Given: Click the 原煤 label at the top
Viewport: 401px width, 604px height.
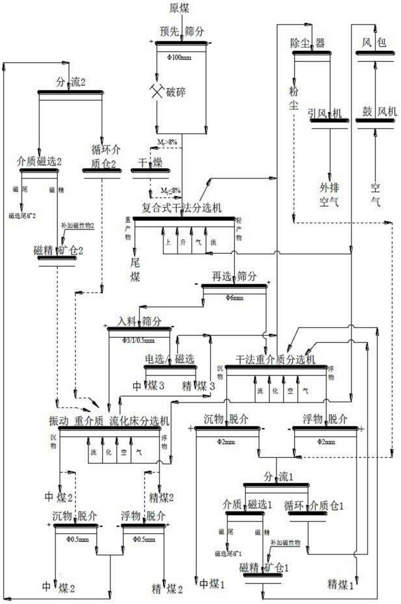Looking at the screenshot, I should (179, 9).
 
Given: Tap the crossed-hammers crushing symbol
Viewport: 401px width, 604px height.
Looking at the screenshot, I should (156, 91).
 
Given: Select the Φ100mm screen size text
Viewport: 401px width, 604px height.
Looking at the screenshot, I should (179, 57).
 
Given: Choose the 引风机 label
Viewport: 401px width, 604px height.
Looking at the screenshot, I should (325, 113).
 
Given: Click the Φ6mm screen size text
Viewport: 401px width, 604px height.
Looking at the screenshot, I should (234, 298).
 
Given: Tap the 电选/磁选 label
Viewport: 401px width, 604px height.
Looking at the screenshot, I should (169, 359).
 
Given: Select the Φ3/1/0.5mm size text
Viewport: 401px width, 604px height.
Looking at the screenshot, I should (139, 340).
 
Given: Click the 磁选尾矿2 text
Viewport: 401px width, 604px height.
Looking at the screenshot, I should (22, 216).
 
